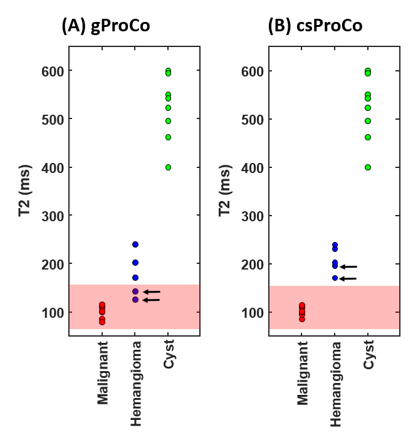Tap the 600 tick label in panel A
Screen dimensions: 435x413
pos(53,71)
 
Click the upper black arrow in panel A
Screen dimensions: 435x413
pos(152,291)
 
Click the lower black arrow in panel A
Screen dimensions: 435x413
pos(152,300)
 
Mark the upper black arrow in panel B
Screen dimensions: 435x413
pos(348,266)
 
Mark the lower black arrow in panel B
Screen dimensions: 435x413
pos(348,278)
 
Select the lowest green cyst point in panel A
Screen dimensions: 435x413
pos(168,167)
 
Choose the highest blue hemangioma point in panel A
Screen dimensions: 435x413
pos(135,244)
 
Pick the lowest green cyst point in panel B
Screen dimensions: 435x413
pos(368,167)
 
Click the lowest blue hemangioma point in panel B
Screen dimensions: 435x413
pos(335,278)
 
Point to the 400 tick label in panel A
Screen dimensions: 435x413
pos(53,167)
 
